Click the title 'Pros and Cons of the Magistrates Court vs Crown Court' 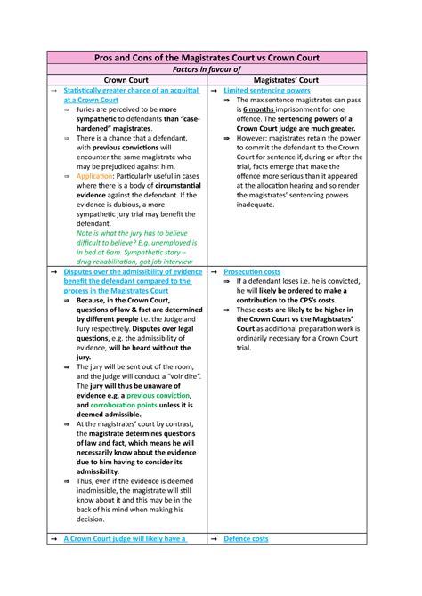[x=210, y=57]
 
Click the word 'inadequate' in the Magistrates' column [x=256, y=205]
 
